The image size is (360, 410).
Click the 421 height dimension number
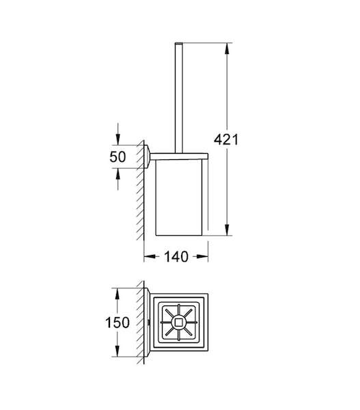226,139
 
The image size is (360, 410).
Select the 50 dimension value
117,157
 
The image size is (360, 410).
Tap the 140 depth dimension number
176,257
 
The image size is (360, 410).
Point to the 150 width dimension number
117,323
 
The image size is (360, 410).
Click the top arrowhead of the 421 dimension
227,49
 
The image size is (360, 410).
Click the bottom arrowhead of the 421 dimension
227,230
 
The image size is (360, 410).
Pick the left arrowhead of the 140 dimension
150,256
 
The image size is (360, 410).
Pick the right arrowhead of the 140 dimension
202,256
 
